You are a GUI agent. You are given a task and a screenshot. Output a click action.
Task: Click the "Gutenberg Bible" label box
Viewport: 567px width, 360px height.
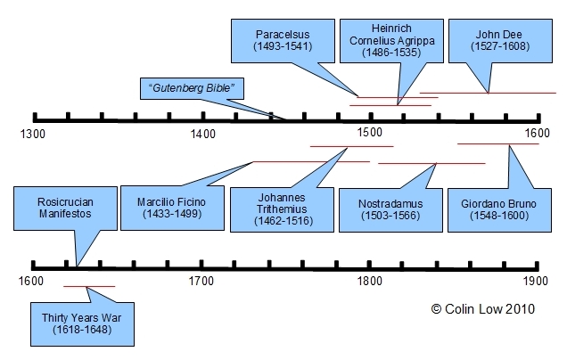click(x=193, y=88)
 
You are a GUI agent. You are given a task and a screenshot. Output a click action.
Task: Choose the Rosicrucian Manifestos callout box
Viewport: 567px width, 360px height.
click(x=53, y=209)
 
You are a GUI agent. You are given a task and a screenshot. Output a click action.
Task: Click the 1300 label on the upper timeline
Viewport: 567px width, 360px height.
click(x=33, y=134)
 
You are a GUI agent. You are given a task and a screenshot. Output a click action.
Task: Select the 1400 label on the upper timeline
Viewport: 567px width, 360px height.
click(x=202, y=134)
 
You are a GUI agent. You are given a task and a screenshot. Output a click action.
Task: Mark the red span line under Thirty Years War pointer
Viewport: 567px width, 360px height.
click(x=89, y=286)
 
